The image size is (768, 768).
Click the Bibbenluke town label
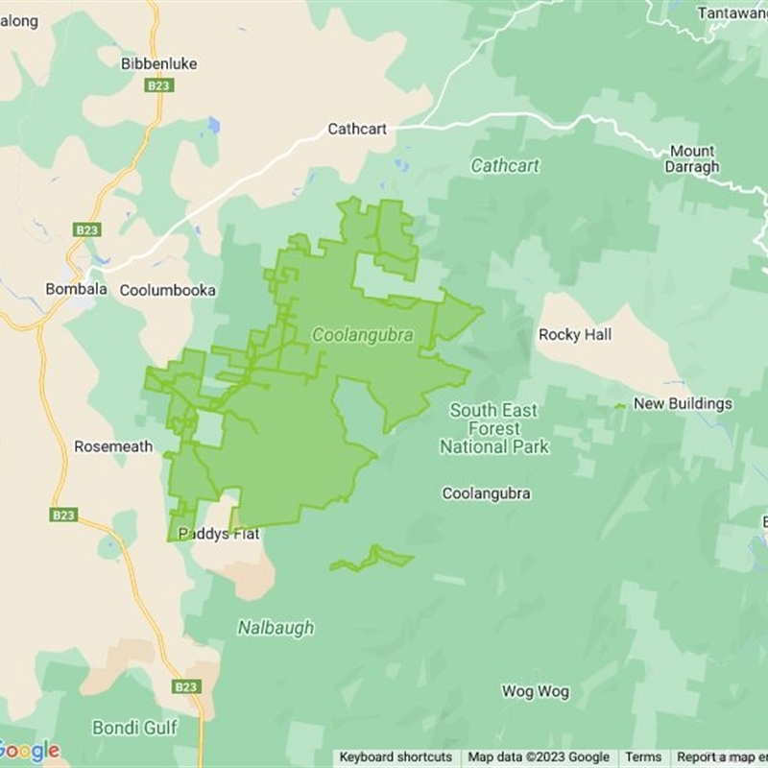coord(159,63)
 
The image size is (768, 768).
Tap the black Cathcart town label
coord(357,129)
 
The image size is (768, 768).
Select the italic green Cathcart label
coord(505,166)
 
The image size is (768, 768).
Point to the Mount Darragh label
coord(691,158)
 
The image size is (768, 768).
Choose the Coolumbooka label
coord(167,290)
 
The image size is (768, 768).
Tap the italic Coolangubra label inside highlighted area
coord(363,335)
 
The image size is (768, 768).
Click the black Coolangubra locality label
coord(486,493)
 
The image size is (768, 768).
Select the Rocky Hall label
coord(574,335)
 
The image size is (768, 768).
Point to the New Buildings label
coord(683,404)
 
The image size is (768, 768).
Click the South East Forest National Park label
coord(494,428)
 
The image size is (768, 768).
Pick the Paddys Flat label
coord(221,535)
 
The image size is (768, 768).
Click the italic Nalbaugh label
coord(276,628)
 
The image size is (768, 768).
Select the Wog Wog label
coord(536,691)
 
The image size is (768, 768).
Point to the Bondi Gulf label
coord(134,727)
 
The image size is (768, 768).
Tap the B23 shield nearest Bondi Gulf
coord(186,687)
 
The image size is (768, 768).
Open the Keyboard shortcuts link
coord(396,757)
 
